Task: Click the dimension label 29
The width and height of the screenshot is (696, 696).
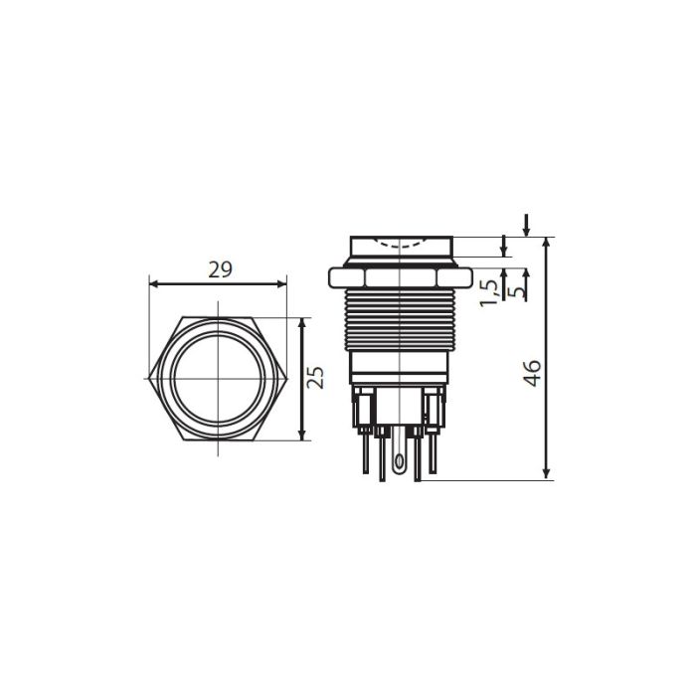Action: tap(220, 269)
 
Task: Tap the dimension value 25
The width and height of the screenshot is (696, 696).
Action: tap(315, 378)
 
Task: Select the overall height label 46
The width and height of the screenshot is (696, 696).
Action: tap(532, 373)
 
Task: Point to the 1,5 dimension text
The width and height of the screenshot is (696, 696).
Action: tap(489, 293)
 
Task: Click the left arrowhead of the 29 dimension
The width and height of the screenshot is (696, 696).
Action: tap(154, 284)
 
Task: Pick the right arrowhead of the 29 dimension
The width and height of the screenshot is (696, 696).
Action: tap(281, 284)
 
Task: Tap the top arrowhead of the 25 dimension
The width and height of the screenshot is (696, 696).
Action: tap(302, 323)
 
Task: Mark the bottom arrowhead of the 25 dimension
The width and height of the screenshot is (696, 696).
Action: tap(302, 435)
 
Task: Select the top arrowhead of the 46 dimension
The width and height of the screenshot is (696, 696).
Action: tap(547, 243)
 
